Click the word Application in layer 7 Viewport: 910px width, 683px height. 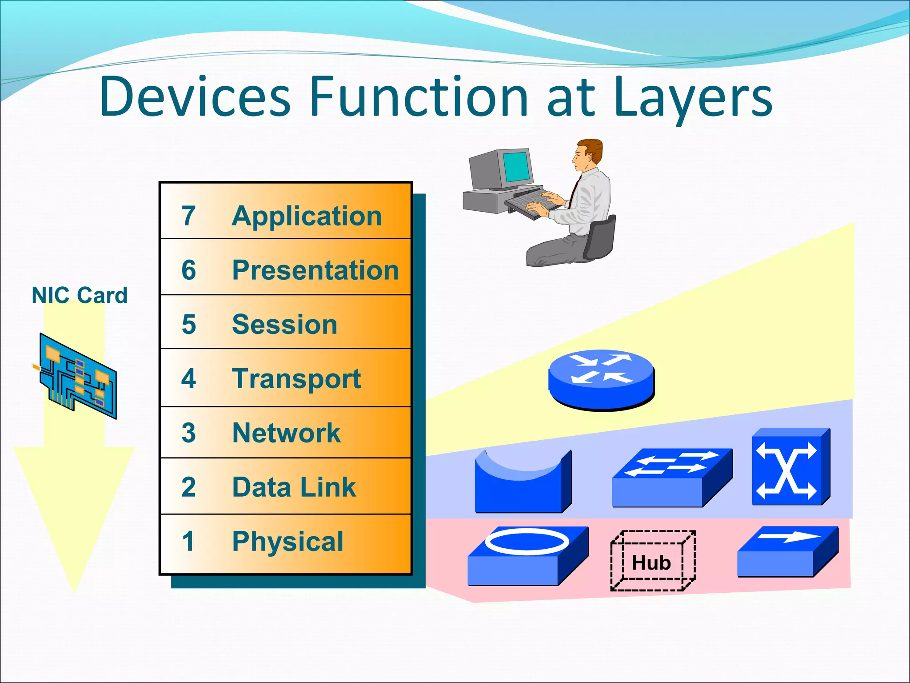[307, 217]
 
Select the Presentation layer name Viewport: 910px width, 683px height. [315, 270]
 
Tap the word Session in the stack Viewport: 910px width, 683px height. [285, 324]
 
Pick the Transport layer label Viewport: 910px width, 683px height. [296, 379]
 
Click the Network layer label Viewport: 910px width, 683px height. [287, 433]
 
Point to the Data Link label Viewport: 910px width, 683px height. [294, 487]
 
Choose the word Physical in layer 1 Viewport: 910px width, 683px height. [288, 542]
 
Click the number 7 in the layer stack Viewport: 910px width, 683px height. [188, 216]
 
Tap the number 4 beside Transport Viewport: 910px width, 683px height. [188, 378]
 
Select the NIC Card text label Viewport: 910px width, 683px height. [80, 295]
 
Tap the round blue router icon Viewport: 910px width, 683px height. [601, 379]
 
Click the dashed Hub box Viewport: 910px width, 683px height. [652, 561]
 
